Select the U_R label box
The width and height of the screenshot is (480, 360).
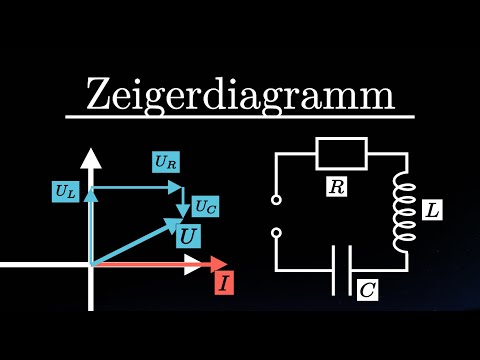pos(167,159)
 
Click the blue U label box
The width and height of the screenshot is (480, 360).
pos(188,237)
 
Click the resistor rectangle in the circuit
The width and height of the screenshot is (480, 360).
pos(342,154)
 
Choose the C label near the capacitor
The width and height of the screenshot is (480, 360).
pos(367,290)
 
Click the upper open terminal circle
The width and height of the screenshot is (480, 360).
pos(275,200)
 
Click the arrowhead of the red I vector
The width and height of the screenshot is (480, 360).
pos(218,265)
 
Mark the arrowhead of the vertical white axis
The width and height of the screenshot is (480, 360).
pos(91,158)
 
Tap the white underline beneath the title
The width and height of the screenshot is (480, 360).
pos(240,117)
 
